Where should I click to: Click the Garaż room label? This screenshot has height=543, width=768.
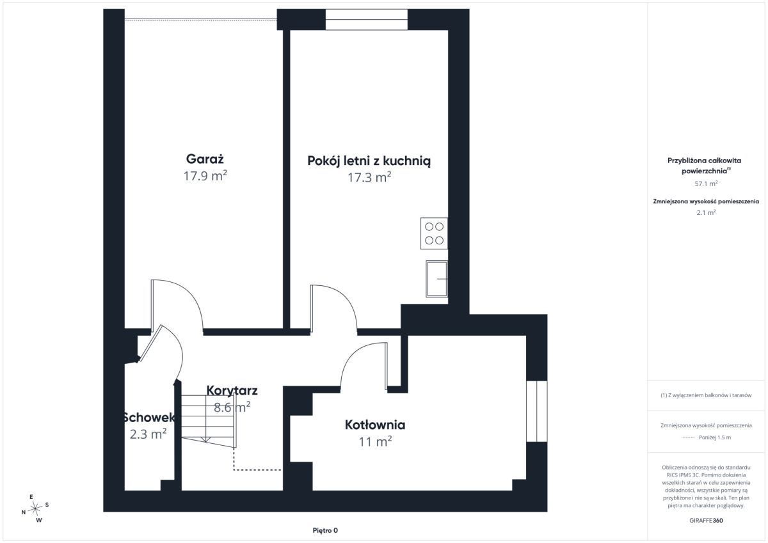[205, 159]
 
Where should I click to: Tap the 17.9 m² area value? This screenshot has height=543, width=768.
[205, 176]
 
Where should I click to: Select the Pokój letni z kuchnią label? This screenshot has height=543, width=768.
[369, 161]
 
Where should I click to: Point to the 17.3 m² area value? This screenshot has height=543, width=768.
[369, 177]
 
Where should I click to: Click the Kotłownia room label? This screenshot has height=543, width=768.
[375, 425]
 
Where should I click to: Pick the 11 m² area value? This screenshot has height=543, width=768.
[375, 441]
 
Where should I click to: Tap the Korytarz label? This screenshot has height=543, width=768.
[232, 391]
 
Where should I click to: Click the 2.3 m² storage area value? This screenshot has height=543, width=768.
[148, 434]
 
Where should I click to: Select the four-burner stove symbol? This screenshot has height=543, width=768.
[434, 233]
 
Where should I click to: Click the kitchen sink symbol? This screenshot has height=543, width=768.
[436, 279]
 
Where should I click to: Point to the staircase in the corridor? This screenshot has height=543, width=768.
[209, 421]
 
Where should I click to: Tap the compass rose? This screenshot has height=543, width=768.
[35, 508]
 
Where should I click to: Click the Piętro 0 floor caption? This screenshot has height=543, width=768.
[325, 530]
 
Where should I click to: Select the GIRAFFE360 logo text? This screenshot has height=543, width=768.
[706, 521]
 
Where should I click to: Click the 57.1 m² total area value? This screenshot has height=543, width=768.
[706, 184]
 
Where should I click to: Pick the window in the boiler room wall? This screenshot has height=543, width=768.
[536, 411]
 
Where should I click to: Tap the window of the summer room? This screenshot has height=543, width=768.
[367, 20]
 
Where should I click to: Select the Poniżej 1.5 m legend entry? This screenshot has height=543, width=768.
[706, 437]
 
